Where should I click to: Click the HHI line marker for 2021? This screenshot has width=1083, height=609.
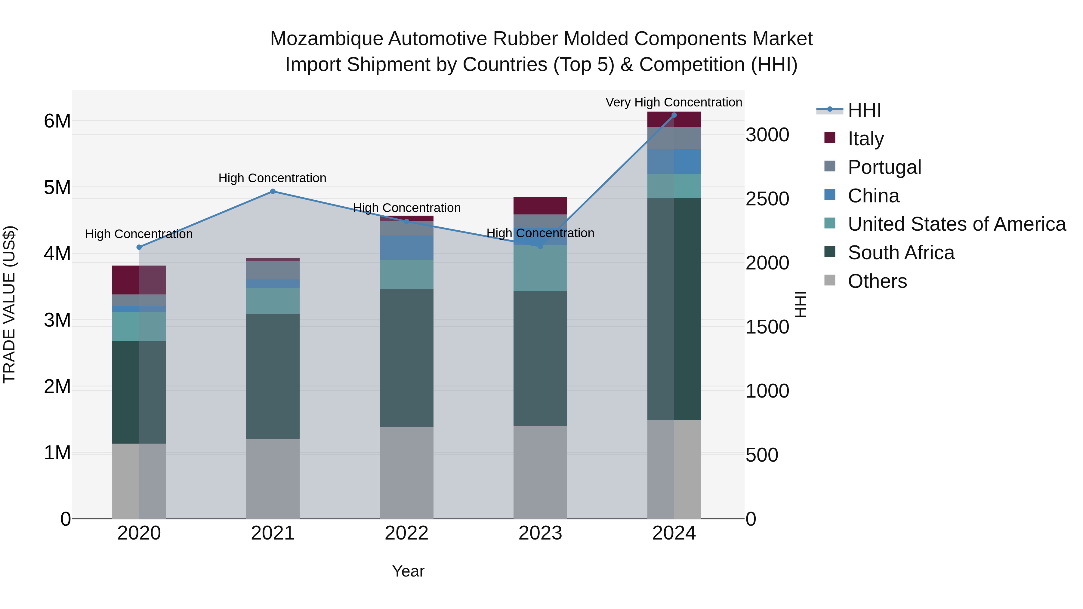coord(273,191)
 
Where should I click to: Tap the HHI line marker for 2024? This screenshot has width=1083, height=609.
coord(674,115)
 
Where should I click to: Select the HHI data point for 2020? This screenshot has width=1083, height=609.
coord(139,247)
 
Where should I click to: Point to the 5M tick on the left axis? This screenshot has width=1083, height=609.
coord(57,187)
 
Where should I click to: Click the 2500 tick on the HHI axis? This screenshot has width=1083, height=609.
coord(767,199)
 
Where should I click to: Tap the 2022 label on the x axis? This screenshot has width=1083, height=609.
coord(406,533)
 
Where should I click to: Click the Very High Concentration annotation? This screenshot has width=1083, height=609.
coord(674,102)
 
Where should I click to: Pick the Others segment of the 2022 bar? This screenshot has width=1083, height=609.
coord(406,472)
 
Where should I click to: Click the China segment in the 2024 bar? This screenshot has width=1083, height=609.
coord(674,162)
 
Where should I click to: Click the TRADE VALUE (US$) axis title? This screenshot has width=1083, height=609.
coord(9,304)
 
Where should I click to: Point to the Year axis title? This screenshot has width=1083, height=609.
coord(408,571)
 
